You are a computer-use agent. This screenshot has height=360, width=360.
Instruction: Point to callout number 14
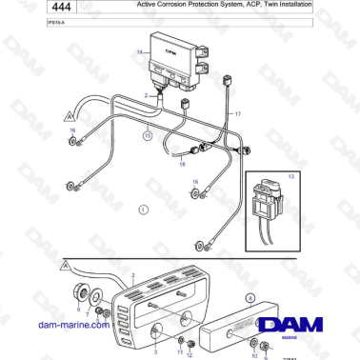[x=139, y=51]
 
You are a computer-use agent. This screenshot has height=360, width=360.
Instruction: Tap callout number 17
[x=237, y=113]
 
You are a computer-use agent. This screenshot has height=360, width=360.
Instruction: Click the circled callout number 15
[x=148, y=136]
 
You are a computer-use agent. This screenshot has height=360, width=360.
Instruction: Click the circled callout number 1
[x=144, y=208]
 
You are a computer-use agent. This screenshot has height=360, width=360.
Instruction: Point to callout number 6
[x=78, y=310]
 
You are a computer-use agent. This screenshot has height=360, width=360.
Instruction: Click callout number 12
[x=190, y=354]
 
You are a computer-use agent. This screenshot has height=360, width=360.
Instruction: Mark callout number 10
[x=252, y=354]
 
